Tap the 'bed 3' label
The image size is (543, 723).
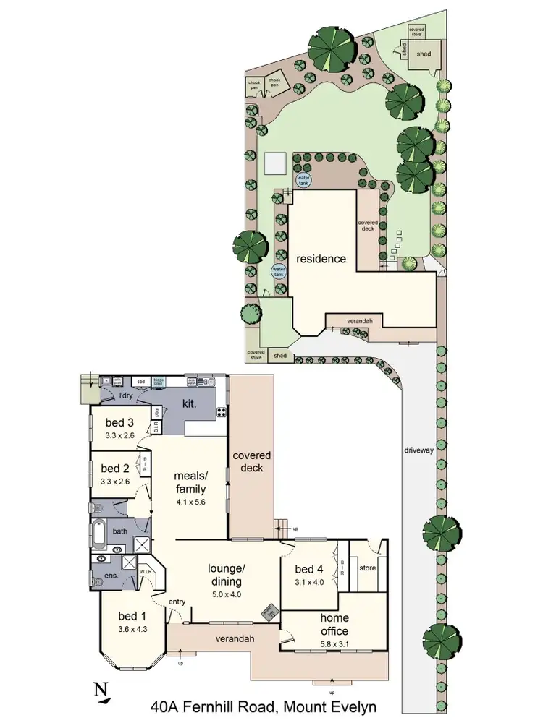[115, 422]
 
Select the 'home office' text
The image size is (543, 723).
[334, 623]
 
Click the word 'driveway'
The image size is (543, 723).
[419, 450]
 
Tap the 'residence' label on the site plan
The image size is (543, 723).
[320, 258]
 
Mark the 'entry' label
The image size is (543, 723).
[177, 602]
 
